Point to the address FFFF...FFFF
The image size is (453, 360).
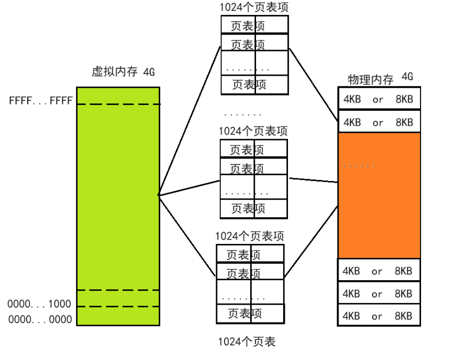[x=40, y=100]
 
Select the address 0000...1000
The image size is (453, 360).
[x=39, y=304]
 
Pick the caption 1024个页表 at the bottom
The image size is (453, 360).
[x=246, y=342]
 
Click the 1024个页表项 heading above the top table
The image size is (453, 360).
[x=254, y=8]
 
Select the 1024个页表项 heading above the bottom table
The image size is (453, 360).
[x=249, y=236]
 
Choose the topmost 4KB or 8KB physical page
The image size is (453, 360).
[x=378, y=99]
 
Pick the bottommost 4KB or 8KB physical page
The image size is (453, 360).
[x=378, y=316]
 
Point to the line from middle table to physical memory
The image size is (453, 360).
[x=312, y=180]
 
